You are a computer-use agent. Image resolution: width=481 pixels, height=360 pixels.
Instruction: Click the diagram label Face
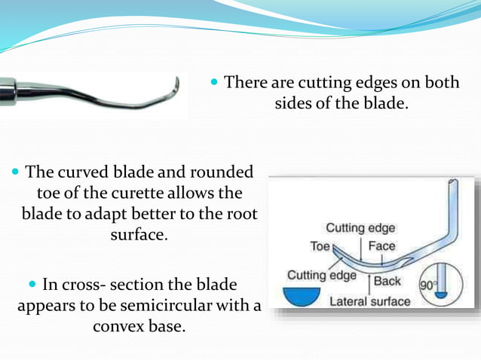pyautogui.click(x=381, y=246)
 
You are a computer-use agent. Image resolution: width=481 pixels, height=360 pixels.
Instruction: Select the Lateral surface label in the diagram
pyautogui.click(x=371, y=301)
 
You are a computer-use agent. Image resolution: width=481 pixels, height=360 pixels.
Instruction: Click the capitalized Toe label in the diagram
pyautogui.click(x=320, y=246)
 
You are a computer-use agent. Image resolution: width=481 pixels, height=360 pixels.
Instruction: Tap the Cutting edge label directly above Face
pyautogui.click(x=360, y=228)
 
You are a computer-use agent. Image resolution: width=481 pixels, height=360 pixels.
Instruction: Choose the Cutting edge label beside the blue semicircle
pyautogui.click(x=320, y=275)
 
